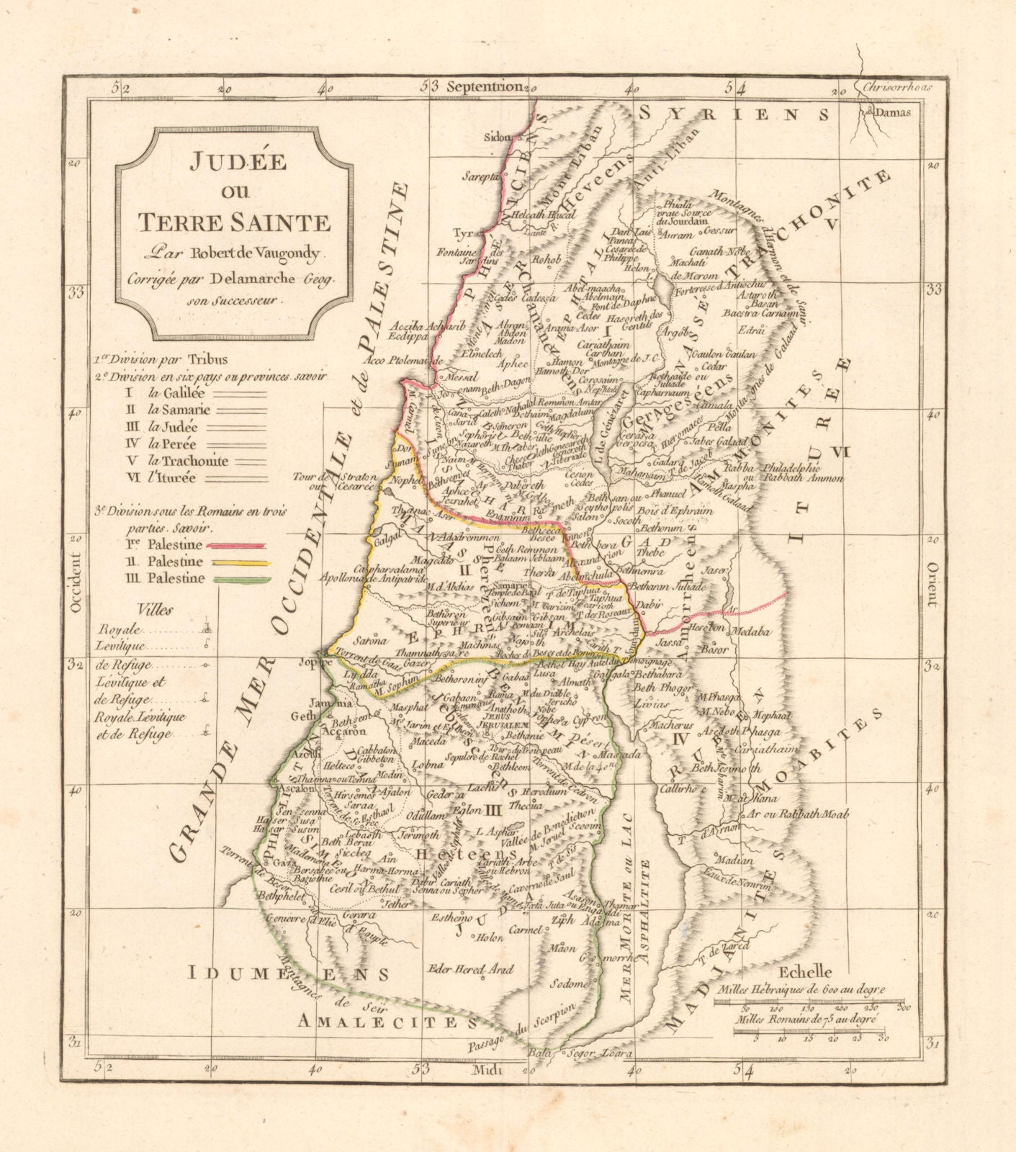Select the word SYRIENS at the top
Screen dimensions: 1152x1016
[734, 114]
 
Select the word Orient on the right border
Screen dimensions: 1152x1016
[932, 585]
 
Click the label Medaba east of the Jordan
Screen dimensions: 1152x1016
[752, 632]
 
